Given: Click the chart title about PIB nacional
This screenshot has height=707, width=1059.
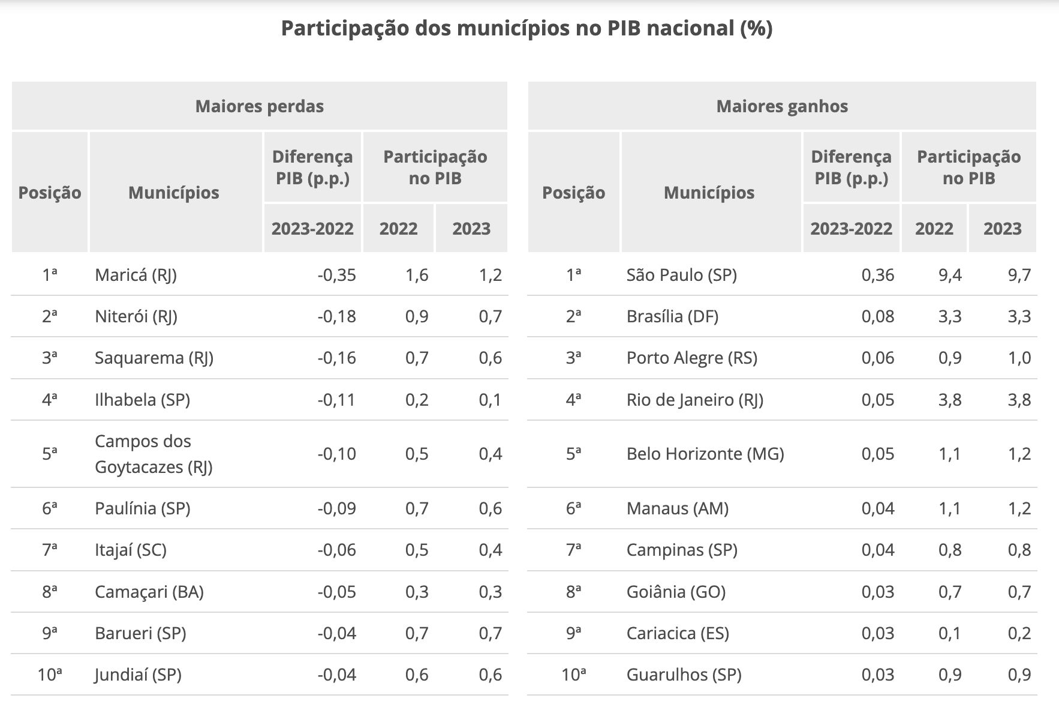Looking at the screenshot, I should [527, 28].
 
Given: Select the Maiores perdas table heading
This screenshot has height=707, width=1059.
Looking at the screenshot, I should [259, 106].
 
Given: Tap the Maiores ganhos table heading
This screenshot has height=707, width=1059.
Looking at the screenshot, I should [782, 106].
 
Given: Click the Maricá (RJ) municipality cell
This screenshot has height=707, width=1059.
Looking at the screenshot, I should [136, 275].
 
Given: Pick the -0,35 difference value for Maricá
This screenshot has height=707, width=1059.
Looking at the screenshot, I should [336, 275].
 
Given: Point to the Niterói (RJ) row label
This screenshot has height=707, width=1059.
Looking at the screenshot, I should [136, 316].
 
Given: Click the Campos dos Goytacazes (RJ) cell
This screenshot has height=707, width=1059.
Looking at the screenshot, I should [154, 454].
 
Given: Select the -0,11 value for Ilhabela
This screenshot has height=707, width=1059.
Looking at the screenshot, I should [336, 400].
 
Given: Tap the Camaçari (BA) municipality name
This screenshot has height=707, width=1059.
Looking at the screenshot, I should [149, 592].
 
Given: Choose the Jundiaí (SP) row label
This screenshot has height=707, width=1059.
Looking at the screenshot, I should [138, 675].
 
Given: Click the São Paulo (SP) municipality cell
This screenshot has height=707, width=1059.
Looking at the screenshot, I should [681, 275].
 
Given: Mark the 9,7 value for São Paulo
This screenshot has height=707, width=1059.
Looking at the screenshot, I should [1019, 275].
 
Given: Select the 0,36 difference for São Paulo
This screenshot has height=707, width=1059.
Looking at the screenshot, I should [877, 275].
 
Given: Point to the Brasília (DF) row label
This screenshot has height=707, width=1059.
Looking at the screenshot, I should [672, 316].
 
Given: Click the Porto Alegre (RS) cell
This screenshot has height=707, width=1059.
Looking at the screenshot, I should [691, 358].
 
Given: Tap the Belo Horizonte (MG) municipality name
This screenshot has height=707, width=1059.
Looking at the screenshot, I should [705, 454].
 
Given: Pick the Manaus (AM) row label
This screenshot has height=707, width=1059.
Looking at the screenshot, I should [677, 508].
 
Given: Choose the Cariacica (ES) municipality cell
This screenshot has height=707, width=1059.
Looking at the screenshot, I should [678, 633].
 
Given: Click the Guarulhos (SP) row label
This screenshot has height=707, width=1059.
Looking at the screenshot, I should [684, 675].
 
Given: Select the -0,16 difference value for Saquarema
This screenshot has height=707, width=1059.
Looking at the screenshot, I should [336, 358].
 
